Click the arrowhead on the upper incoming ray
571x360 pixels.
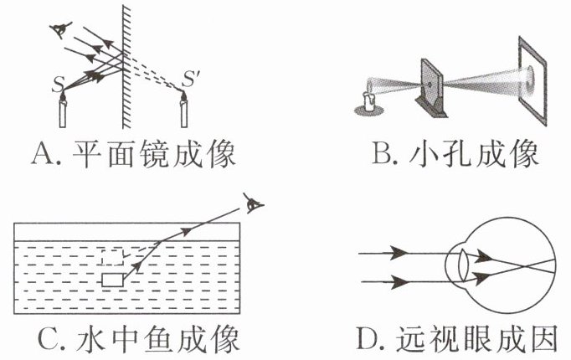401,252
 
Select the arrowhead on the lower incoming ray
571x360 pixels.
401,283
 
